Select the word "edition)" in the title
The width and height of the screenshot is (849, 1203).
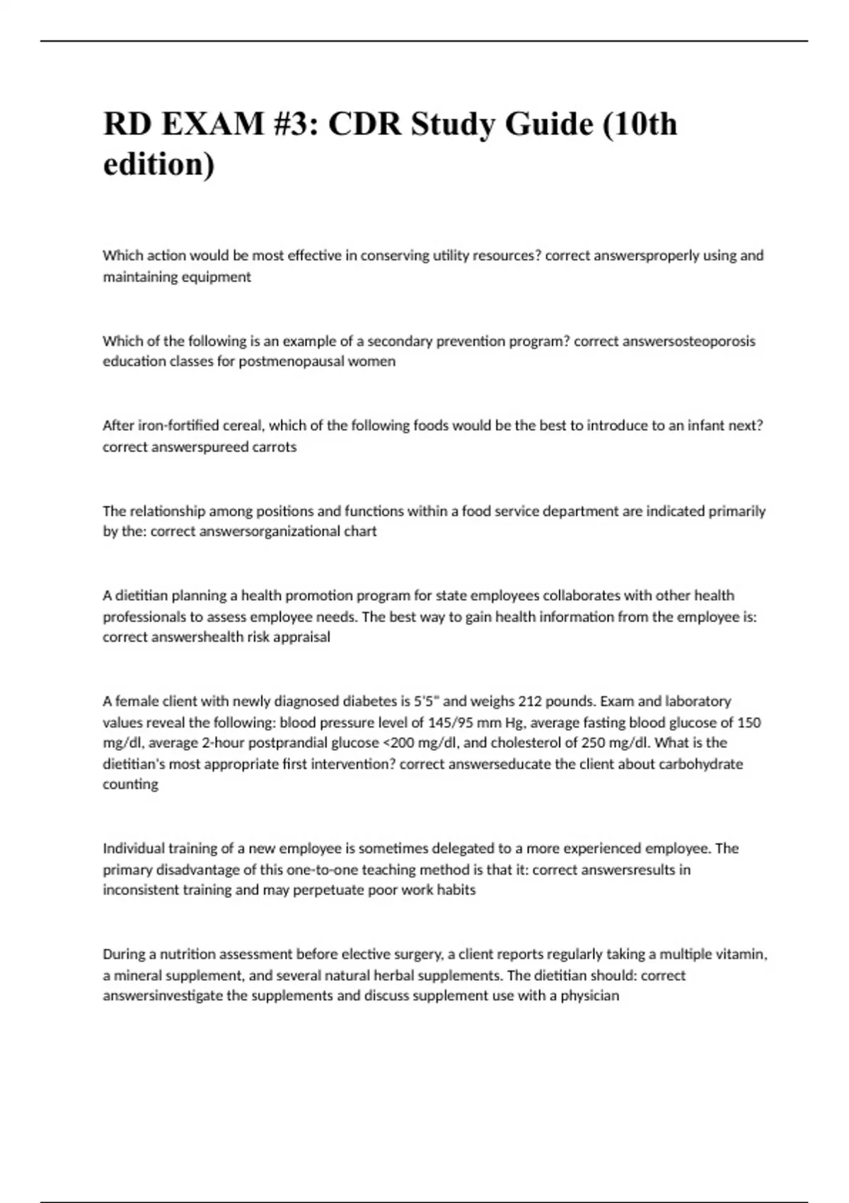point(158,164)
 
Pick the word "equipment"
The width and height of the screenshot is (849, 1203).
point(216,277)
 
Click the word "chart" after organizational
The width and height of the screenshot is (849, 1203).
point(360,531)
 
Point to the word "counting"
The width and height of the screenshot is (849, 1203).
point(131,785)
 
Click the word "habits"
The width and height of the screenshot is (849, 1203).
point(457,890)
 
